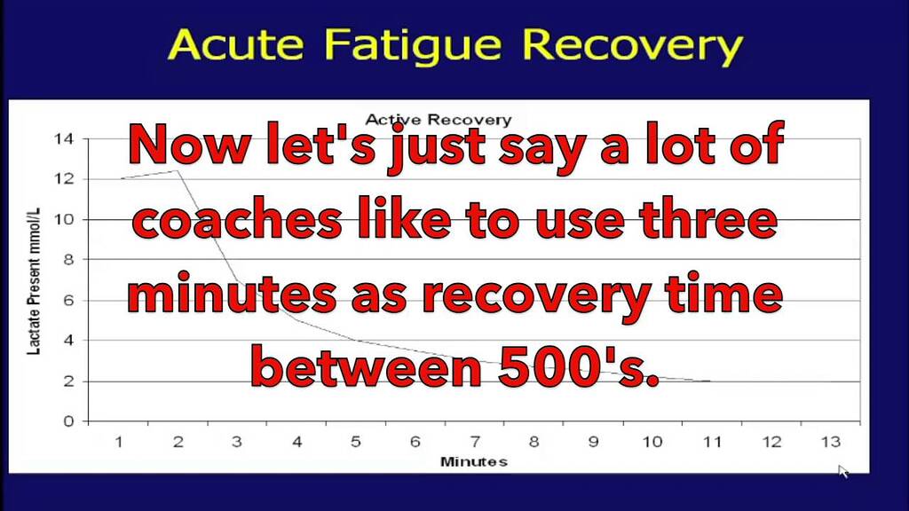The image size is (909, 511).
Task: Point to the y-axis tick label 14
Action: click(x=65, y=139)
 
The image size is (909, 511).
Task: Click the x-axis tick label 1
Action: click(x=119, y=442)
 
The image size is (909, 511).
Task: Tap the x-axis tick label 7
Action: click(x=475, y=442)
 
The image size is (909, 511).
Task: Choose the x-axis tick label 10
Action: click(x=652, y=442)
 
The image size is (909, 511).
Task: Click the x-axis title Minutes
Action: click(x=474, y=461)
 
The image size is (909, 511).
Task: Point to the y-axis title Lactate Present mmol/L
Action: click(x=33, y=280)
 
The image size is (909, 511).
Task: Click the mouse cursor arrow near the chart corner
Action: click(x=842, y=470)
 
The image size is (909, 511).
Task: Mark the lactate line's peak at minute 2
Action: click(x=178, y=171)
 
